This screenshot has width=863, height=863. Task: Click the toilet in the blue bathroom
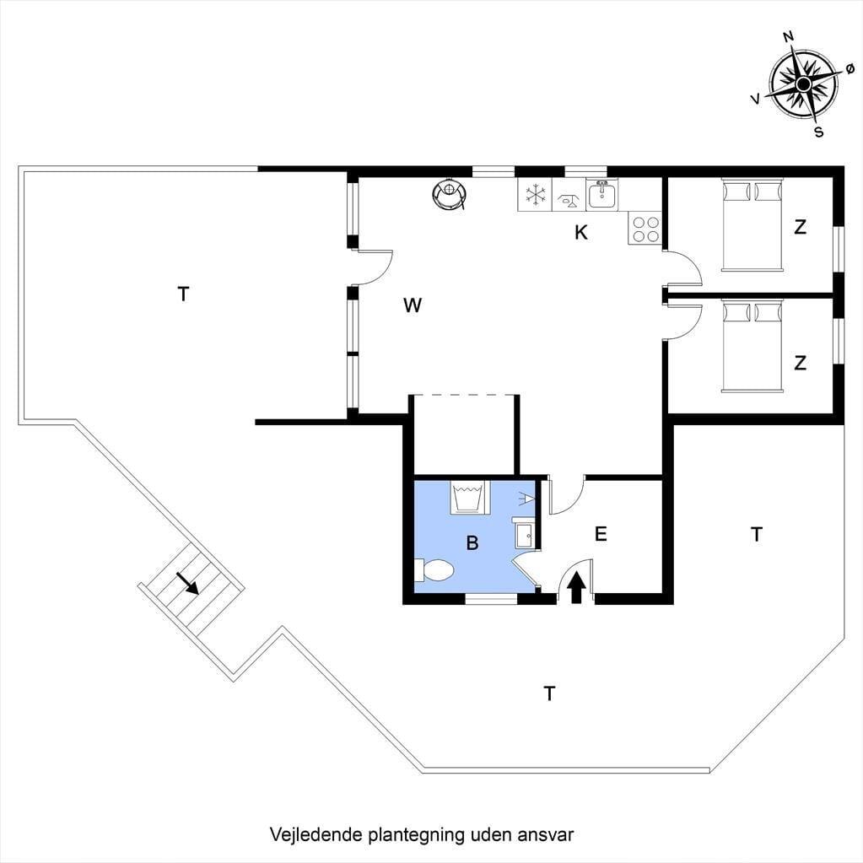click(434, 570)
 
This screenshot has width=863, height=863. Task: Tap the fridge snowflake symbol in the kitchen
click(535, 194)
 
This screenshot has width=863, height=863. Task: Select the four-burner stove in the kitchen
click(645, 229)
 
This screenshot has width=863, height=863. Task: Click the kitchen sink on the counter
click(602, 194)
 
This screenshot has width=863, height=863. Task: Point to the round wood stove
click(450, 194)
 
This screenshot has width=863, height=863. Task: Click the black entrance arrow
click(576, 587)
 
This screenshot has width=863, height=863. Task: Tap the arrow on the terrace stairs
click(187, 583)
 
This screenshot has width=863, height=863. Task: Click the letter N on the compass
click(788, 37)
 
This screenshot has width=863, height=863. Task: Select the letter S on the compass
click(819, 132)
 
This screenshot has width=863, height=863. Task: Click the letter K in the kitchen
click(581, 233)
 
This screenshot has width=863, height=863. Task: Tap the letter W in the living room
click(413, 305)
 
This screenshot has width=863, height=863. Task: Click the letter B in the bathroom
click(472, 543)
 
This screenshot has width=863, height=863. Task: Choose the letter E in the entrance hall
click(601, 534)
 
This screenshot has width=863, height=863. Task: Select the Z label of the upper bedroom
click(801, 227)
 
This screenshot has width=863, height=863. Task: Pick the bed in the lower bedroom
click(752, 346)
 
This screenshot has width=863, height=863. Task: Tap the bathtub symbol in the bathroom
click(467, 497)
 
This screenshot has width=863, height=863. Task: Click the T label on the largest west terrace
click(183, 294)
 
